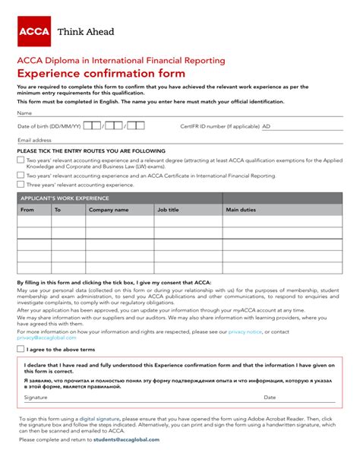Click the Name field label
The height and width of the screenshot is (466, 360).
tap(24, 113)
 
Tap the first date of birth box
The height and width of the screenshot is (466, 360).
tap(91, 125)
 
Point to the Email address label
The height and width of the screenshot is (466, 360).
tap(34, 141)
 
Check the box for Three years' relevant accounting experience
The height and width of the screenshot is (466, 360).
tap(21, 185)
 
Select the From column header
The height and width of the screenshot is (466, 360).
tap(27, 210)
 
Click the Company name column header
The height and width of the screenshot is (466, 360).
tap(109, 210)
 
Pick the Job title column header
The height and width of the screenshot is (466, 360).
tap(168, 210)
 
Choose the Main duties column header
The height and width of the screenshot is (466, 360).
tap(241, 210)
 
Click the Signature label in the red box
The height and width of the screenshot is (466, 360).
tap(35, 398)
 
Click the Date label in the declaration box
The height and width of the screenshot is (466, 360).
tap(270, 398)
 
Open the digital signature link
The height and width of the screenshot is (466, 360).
tap(99, 419)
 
